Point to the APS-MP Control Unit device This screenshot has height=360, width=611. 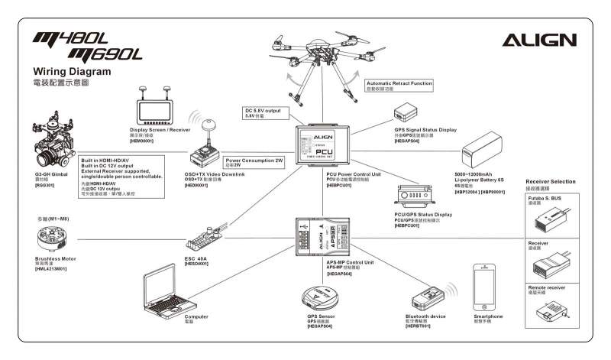pos(323,238)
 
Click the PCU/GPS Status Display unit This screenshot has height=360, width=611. pos(419,197)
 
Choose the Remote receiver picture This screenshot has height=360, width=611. pos(550,310)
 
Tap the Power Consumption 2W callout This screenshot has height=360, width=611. pos(254,161)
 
